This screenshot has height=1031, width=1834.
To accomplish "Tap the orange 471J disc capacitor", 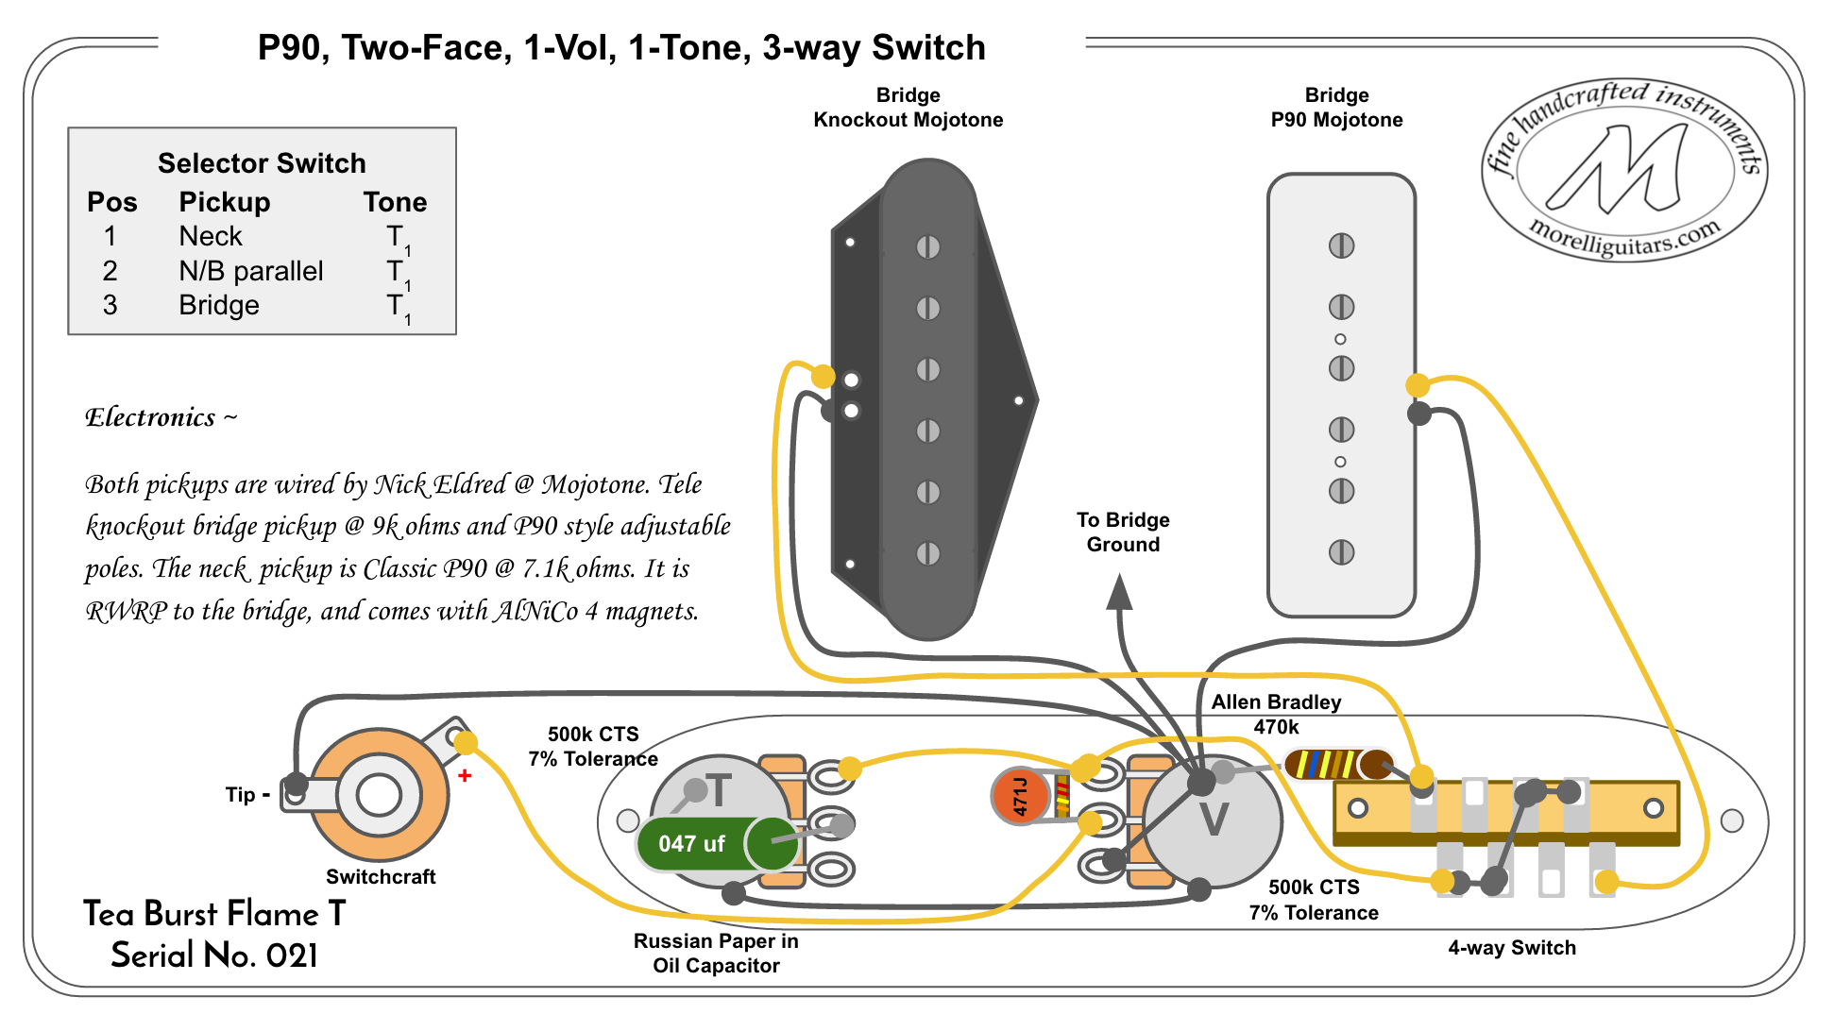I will click(x=1020, y=796).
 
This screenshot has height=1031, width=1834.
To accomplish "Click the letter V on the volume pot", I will click(x=1214, y=820).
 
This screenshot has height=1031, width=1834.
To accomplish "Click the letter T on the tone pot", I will click(x=719, y=791).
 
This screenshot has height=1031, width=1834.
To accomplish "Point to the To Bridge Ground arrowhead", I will click(x=1119, y=593).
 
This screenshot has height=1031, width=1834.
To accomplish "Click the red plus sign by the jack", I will click(x=465, y=776).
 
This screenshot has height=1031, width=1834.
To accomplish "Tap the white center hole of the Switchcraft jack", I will click(x=379, y=795).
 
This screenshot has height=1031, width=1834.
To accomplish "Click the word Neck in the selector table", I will click(x=211, y=236).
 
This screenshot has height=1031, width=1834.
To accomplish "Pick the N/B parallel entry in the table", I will click(x=251, y=271).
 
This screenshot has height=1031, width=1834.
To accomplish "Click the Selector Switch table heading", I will click(x=262, y=163).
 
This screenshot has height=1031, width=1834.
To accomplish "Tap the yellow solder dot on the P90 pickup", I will click(x=1418, y=385).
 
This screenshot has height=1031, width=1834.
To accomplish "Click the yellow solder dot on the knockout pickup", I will click(x=823, y=377).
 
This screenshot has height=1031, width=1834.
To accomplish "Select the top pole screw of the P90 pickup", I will click(x=1341, y=245).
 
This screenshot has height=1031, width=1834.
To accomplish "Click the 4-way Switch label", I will click(x=1511, y=948).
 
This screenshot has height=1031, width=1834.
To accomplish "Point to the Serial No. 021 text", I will click(x=214, y=955).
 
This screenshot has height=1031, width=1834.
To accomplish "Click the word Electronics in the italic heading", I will click(x=150, y=417).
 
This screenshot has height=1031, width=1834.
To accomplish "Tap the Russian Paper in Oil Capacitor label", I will click(x=716, y=953).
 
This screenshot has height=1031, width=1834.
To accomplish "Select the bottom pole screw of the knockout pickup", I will click(x=928, y=553).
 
